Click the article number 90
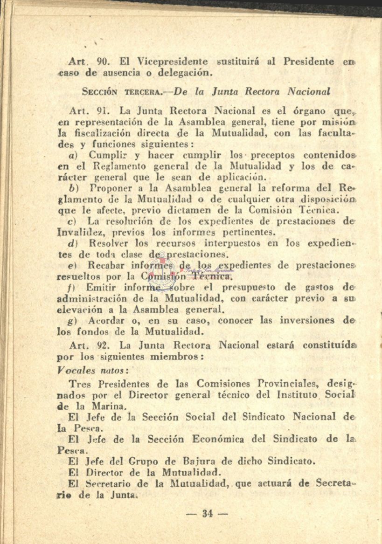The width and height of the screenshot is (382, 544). click(x=102, y=62)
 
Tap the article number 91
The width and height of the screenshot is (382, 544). click(x=102, y=112)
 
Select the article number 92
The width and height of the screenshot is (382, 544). click(x=102, y=345)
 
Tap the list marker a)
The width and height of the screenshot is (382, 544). click(x=72, y=154)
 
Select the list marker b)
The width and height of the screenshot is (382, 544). click(x=72, y=188)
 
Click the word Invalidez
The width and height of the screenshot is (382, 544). click(x=78, y=232)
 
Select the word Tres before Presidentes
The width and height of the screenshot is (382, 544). click(x=80, y=385)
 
